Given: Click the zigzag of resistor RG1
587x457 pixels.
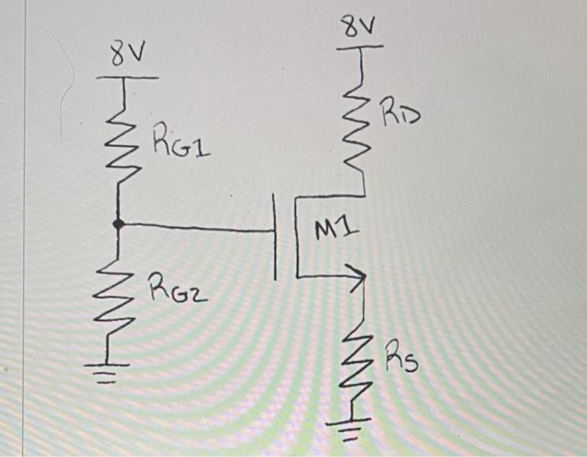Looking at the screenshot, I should pyautogui.click(x=119, y=138).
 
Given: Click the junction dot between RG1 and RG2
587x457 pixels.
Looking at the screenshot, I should pyautogui.click(x=118, y=224).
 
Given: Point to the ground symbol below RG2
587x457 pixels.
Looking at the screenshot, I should pyautogui.click(x=117, y=369).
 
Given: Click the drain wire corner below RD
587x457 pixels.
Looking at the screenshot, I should pyautogui.click(x=362, y=195).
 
